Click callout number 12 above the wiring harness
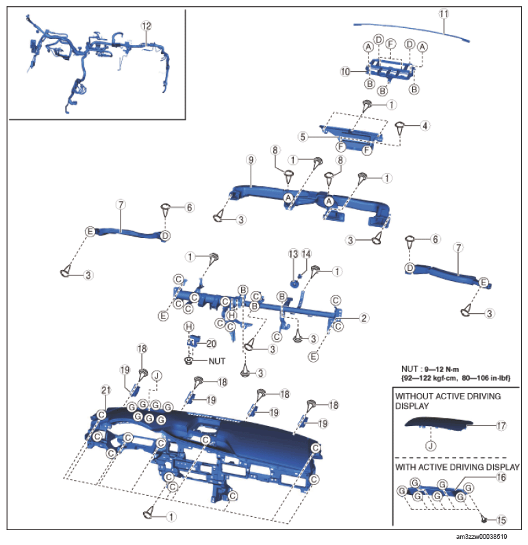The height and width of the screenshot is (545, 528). pyautogui.click(x=147, y=26)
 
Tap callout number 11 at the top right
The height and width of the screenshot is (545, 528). pyautogui.click(x=443, y=14)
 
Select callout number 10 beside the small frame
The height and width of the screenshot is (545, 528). pyautogui.click(x=345, y=72)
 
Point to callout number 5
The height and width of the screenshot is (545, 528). pyautogui.click(x=303, y=137)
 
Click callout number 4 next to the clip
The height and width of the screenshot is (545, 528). pyautogui.click(x=425, y=126)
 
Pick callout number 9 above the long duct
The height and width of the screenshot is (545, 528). pyautogui.click(x=251, y=160)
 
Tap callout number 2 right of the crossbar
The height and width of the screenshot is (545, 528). pyautogui.click(x=364, y=318)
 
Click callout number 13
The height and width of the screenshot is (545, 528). pyautogui.click(x=293, y=254)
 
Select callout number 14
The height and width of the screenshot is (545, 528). pyautogui.click(x=306, y=254)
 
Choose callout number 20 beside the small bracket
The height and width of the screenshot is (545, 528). pyautogui.click(x=212, y=344)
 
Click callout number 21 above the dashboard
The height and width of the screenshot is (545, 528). pyautogui.click(x=106, y=390)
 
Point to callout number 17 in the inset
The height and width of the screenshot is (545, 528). pyautogui.click(x=501, y=425)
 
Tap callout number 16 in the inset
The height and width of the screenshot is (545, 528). pyautogui.click(x=501, y=477)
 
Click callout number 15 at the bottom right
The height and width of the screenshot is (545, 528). pyautogui.click(x=501, y=520)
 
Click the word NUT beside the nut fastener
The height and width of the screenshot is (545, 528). pyautogui.click(x=217, y=362)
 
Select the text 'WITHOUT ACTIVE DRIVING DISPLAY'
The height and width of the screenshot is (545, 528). pyautogui.click(x=448, y=401)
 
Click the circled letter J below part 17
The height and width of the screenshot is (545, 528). pyautogui.click(x=431, y=446)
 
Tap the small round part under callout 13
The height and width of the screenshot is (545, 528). pyautogui.click(x=294, y=284)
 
